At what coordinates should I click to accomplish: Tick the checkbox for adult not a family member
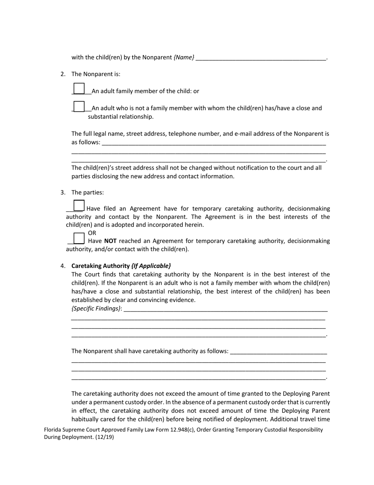tap(79, 106)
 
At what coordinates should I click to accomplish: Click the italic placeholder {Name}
tap(184, 58)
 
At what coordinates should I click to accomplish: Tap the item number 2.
tap(63, 74)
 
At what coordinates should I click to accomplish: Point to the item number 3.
tap(63, 192)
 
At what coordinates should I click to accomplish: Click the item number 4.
tap(63, 266)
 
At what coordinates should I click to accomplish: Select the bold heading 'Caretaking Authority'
tap(100, 266)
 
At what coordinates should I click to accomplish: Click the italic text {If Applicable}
tap(151, 266)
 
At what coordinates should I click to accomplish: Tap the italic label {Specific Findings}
tap(96, 309)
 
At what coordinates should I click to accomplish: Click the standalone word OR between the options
tap(92, 233)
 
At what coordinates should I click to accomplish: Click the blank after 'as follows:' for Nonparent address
tap(214, 143)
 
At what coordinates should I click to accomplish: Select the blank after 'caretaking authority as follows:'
tap(278, 352)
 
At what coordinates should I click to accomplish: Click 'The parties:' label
tap(87, 192)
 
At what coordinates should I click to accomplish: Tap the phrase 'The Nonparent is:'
tap(96, 74)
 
